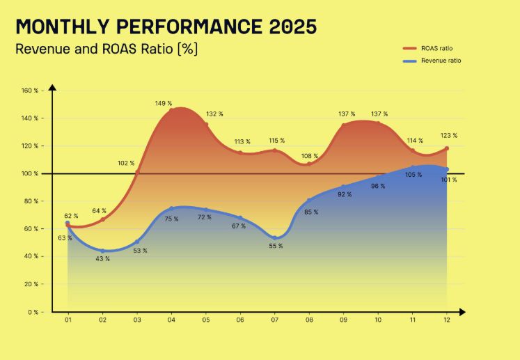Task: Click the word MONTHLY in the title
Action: (x=63, y=26)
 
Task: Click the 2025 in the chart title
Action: (x=293, y=26)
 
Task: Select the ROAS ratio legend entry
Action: (x=428, y=49)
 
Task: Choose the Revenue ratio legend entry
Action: (x=432, y=61)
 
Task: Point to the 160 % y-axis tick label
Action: (x=30, y=91)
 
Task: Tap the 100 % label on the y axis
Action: (x=30, y=173)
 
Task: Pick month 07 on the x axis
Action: (x=274, y=320)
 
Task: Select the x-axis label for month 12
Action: (x=447, y=320)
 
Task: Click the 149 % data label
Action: (x=164, y=104)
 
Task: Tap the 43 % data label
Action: (x=103, y=259)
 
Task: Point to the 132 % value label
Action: (x=214, y=114)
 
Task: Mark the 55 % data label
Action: (x=276, y=246)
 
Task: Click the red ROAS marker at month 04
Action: (x=171, y=110)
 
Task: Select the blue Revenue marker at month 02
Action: (x=102, y=251)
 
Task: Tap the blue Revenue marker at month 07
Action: (x=274, y=238)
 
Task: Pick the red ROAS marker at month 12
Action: (x=447, y=148)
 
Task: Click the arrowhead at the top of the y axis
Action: (x=52, y=87)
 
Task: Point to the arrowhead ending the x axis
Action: (x=462, y=312)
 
